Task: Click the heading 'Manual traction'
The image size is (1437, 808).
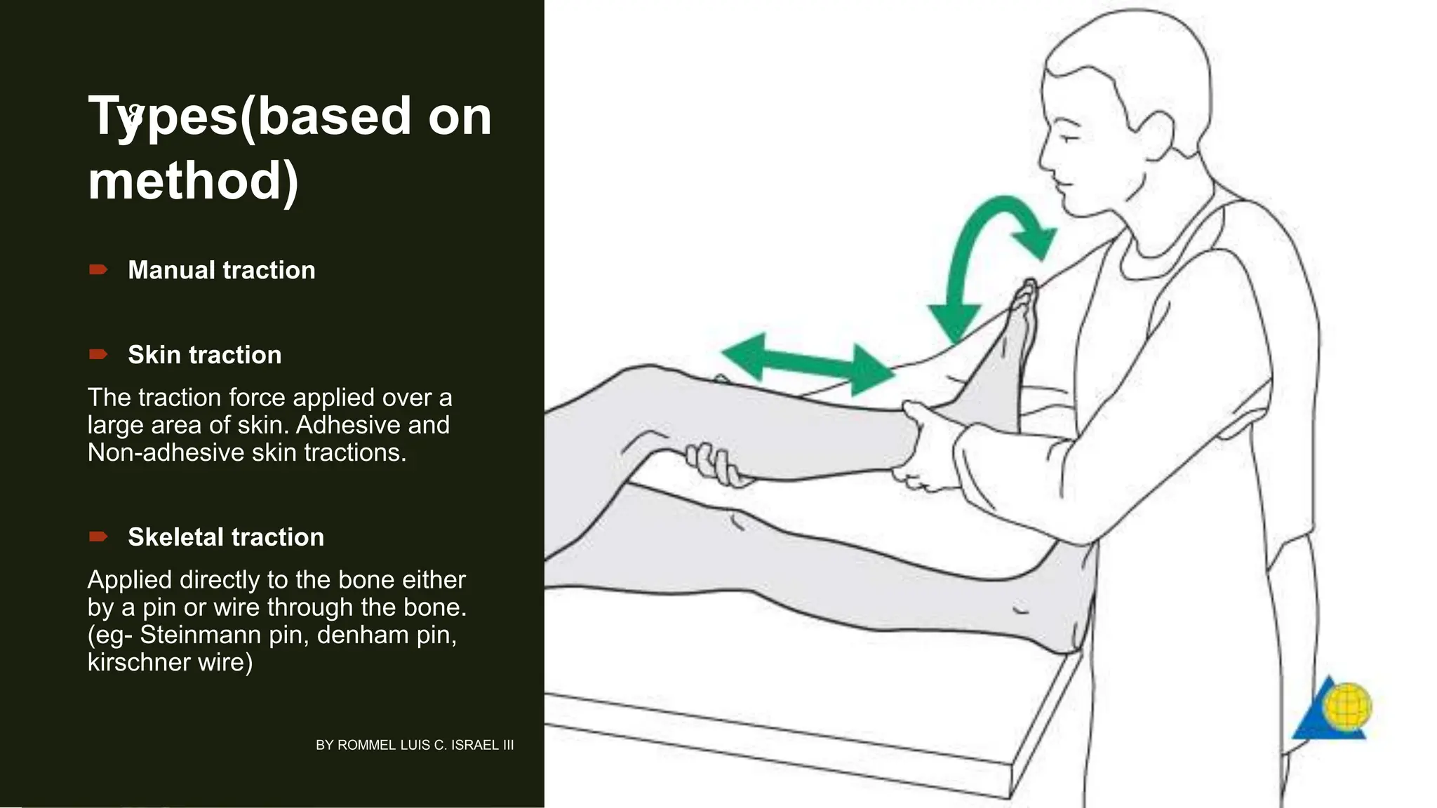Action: tap(221, 270)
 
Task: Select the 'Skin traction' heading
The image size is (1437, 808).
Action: tap(204, 355)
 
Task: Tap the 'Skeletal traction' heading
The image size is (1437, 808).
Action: tap(225, 537)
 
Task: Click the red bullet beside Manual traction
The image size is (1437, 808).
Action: tap(98, 270)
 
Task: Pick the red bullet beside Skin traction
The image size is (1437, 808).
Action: tap(98, 355)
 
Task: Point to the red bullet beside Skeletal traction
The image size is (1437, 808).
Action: tap(98, 537)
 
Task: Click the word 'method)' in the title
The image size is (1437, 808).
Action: tap(193, 180)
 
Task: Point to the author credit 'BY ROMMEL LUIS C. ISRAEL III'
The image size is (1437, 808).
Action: tap(415, 745)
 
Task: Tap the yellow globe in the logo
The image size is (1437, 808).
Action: tap(1346, 707)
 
